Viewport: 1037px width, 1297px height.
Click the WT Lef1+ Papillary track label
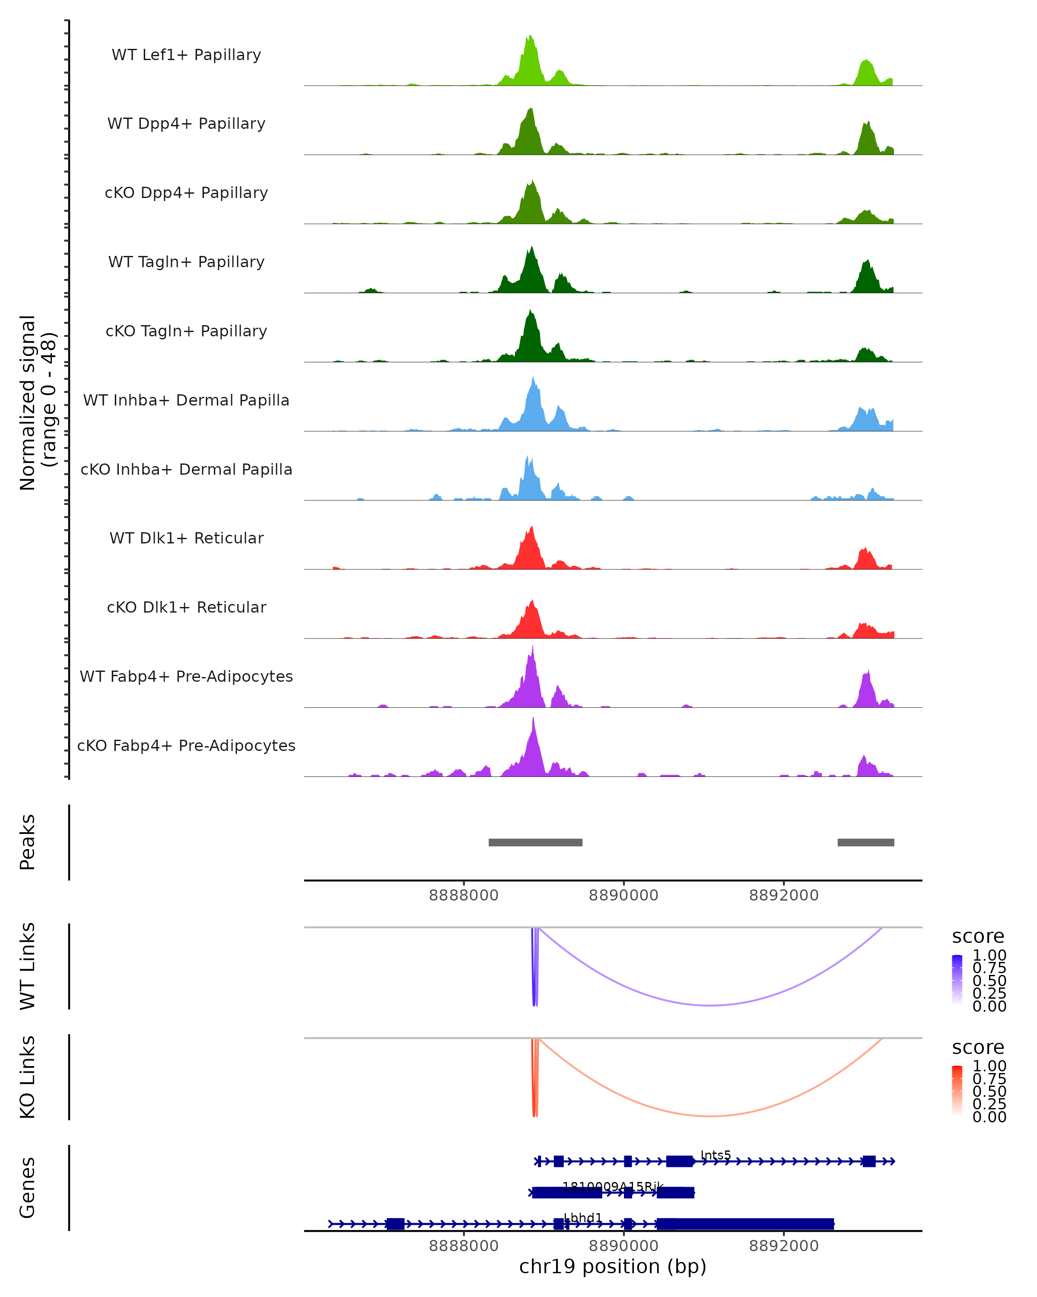pyautogui.click(x=186, y=55)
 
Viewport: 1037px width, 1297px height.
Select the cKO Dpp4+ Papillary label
pyautogui.click(x=186, y=192)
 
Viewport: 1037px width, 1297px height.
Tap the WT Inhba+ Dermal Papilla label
pyautogui.click(x=186, y=400)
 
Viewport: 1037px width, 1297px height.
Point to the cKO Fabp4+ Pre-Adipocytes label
pyautogui.click(x=186, y=745)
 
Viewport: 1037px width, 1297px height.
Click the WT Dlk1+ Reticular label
pyautogui.click(x=186, y=538)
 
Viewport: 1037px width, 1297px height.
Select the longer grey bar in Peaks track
pyautogui.click(x=535, y=842)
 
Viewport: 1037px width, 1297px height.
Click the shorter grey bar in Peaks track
pyautogui.click(x=865, y=842)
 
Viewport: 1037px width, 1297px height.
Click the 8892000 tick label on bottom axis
pyautogui.click(x=783, y=1245)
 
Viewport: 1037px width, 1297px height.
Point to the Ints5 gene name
pyautogui.click(x=716, y=1155)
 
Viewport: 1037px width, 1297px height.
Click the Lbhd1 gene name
pyautogui.click(x=582, y=1217)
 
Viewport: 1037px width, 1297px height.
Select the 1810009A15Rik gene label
pyautogui.click(x=613, y=1186)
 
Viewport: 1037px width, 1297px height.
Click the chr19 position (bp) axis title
pyautogui.click(x=613, y=1266)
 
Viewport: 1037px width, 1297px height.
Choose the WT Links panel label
pyautogui.click(x=28, y=965)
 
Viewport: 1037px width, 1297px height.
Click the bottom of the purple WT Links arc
pyautogui.click(x=711, y=1005)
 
